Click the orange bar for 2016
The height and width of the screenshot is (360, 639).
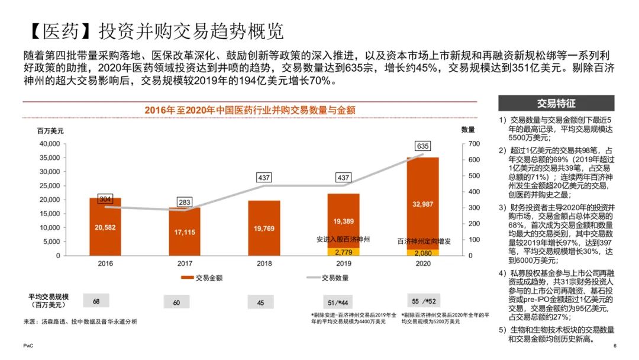[105, 227]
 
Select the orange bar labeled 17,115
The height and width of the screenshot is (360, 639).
[185, 232]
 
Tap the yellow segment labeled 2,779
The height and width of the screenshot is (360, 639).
[343, 252]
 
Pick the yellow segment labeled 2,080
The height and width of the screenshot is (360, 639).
[423, 253]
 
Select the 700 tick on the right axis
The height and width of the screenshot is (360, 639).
[468, 144]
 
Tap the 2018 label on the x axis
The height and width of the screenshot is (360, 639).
[264, 264]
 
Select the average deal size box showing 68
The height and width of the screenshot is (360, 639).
[96, 301]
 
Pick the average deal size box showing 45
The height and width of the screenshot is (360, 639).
[260, 303]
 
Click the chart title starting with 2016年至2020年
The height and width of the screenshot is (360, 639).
[250, 110]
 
